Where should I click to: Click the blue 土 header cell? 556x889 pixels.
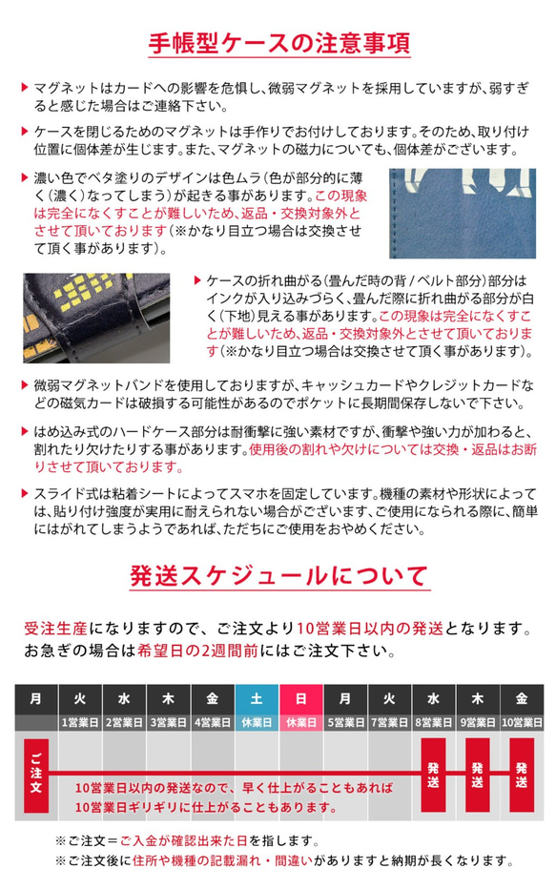257,699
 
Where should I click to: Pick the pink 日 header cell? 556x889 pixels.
301,699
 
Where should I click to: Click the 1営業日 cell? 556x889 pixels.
80,722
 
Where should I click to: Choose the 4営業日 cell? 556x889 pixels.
213,722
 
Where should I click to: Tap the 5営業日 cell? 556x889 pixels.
345,722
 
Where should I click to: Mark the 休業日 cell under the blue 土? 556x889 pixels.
257,722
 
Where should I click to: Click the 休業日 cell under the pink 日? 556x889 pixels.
301,722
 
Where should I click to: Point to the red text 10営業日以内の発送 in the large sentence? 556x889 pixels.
369,629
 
